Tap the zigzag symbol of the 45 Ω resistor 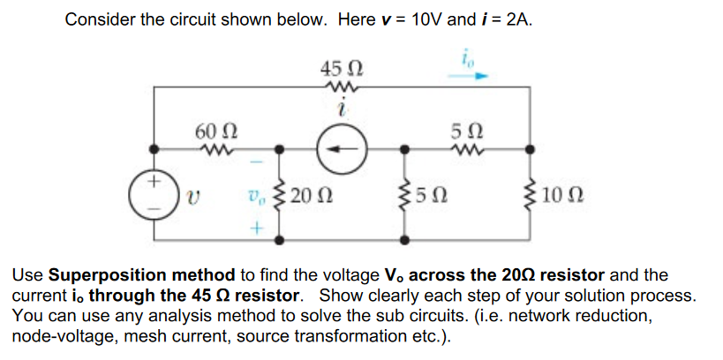(x=340, y=86)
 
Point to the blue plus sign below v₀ (x=256, y=227)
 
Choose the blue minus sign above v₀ (x=256, y=162)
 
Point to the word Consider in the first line (x=100, y=20)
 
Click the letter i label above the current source (x=340, y=109)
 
